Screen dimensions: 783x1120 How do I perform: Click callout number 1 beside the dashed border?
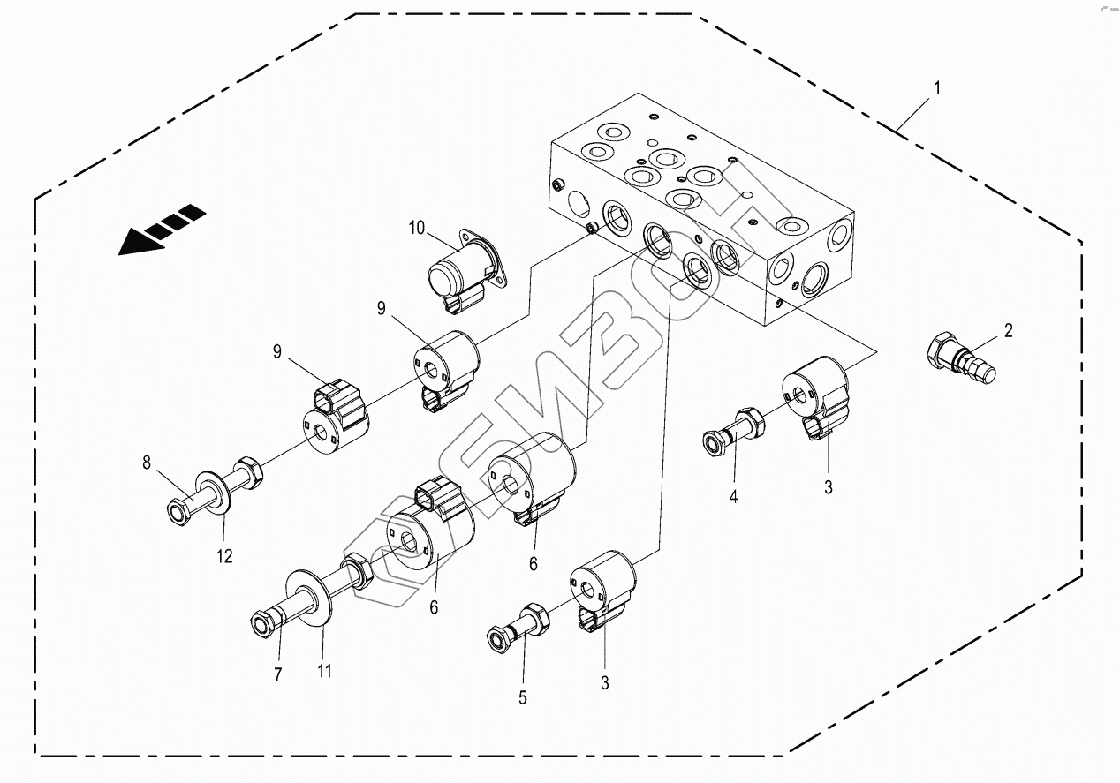pyautogui.click(x=937, y=88)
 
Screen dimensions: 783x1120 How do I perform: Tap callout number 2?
pyautogui.click(x=1008, y=331)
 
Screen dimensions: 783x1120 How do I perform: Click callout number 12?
pyautogui.click(x=224, y=556)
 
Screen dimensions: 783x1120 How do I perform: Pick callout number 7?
pyautogui.click(x=277, y=675)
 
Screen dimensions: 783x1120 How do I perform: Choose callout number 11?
pyautogui.click(x=324, y=672)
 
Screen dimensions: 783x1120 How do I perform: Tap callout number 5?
pyautogui.click(x=522, y=697)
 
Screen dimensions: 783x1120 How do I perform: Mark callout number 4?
pyautogui.click(x=733, y=497)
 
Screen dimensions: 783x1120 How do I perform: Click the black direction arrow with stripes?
pyautogui.click(x=162, y=230)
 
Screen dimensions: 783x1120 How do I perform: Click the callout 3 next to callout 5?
pyautogui.click(x=604, y=682)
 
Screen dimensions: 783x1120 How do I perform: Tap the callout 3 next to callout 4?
pyautogui.click(x=828, y=486)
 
